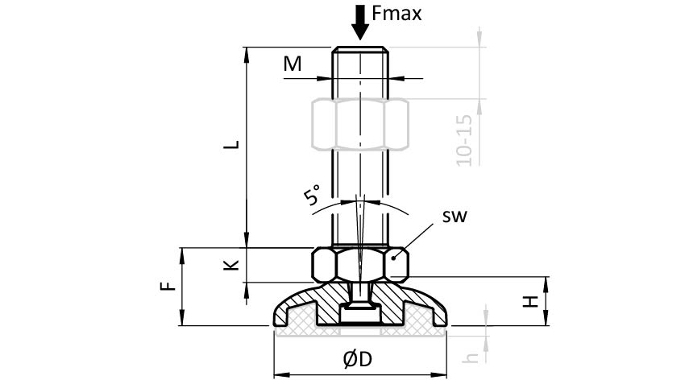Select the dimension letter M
coord(292,64)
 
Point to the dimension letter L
coord(231,145)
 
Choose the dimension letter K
coord(231,264)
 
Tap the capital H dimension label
coord(529,301)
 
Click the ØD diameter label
coord(360,360)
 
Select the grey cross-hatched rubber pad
coord(360,330)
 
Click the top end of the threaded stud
coord(360,49)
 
